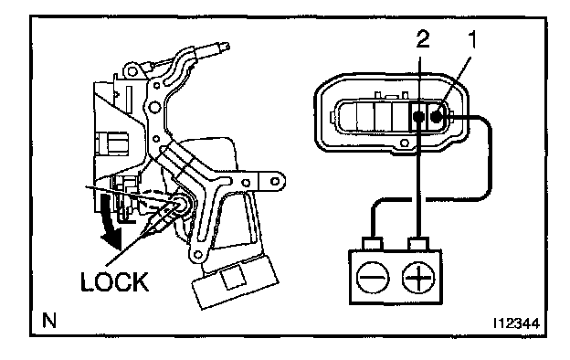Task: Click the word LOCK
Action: pyautogui.click(x=114, y=281)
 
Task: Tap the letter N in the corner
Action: pyautogui.click(x=49, y=321)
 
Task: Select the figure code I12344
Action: pyautogui.click(x=516, y=323)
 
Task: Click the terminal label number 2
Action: pyautogui.click(x=423, y=39)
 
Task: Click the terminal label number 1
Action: pyautogui.click(x=471, y=39)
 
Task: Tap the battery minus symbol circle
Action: pyautogui.click(x=373, y=278)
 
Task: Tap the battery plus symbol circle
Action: pyautogui.click(x=418, y=278)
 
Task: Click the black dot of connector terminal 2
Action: pyautogui.click(x=418, y=116)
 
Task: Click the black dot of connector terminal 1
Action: pyautogui.click(x=437, y=116)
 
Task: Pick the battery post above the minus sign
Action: pyautogui.click(x=373, y=243)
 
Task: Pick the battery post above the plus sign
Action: pyautogui.click(x=418, y=243)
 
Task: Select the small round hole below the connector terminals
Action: pyautogui.click(x=405, y=143)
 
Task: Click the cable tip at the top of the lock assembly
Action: pyautogui.click(x=224, y=47)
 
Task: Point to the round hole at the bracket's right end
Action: pyautogui.click(x=275, y=181)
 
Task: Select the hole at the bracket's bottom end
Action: pyautogui.click(x=197, y=254)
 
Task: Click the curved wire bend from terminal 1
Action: pyautogui.click(x=486, y=122)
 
